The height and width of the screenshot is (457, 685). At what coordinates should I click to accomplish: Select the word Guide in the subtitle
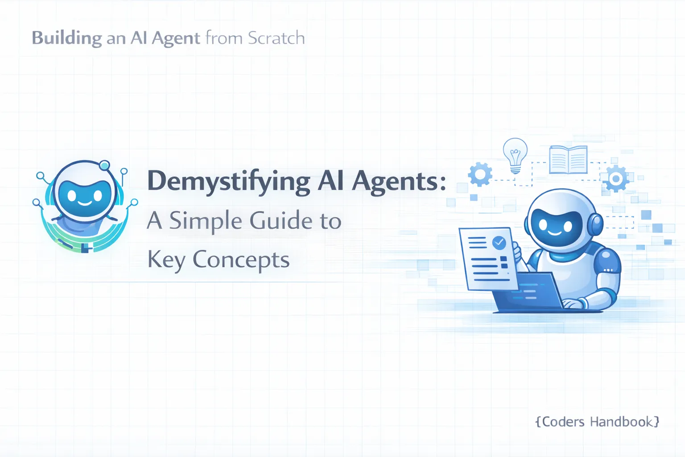(281, 221)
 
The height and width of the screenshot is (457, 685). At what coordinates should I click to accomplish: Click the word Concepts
(241, 260)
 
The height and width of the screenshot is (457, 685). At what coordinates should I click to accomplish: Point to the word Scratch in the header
(276, 38)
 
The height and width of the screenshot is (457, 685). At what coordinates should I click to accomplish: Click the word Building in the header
(67, 38)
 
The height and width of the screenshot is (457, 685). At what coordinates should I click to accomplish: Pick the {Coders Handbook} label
(597, 422)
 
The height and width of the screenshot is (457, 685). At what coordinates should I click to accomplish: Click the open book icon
(568, 159)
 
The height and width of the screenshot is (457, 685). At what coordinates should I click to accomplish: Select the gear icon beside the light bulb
(480, 174)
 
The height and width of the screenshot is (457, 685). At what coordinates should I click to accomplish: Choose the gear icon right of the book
(616, 179)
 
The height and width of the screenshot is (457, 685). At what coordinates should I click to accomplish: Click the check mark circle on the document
(499, 243)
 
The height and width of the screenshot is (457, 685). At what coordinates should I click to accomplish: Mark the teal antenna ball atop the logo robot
(105, 166)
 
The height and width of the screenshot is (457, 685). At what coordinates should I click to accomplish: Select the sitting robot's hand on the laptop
(574, 303)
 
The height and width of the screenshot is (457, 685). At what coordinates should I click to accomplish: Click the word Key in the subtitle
(166, 260)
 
